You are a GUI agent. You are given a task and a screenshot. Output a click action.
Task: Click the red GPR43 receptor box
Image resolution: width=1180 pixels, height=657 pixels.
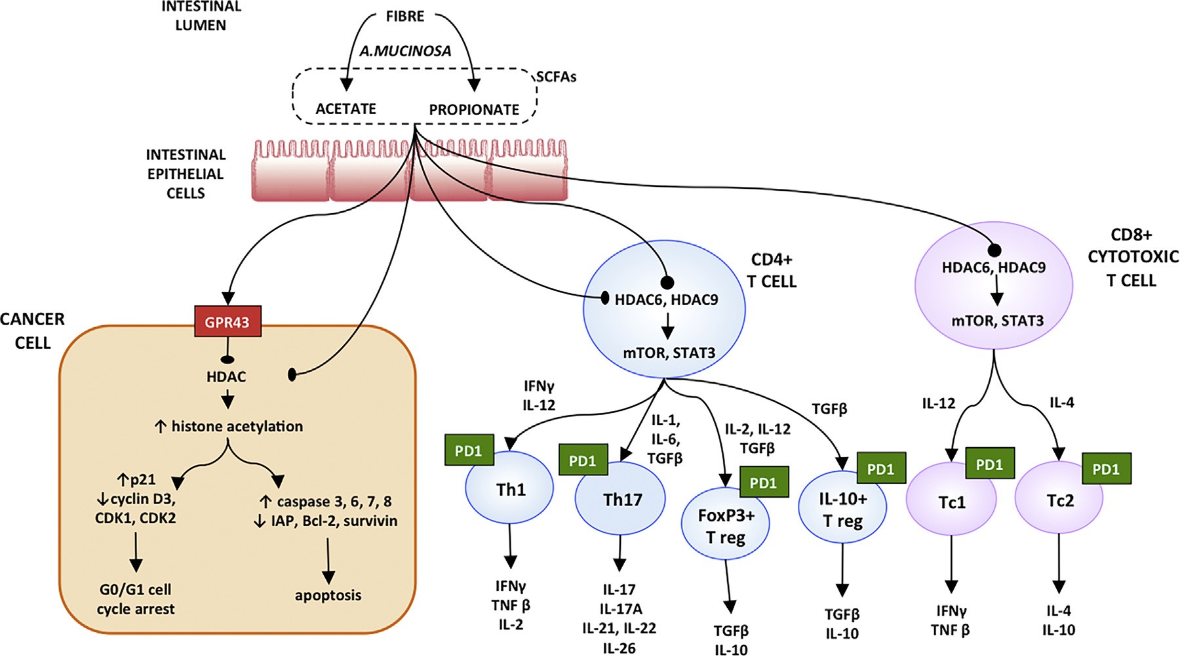[227, 321]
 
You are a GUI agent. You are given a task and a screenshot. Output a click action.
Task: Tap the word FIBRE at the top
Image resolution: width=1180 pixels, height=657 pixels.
[404, 16]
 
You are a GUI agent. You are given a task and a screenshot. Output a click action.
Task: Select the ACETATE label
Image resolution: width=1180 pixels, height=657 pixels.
[346, 109]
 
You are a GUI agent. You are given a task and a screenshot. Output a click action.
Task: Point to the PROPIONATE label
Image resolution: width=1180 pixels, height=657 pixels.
[474, 109]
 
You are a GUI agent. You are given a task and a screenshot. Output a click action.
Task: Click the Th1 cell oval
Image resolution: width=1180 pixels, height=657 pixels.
[509, 490]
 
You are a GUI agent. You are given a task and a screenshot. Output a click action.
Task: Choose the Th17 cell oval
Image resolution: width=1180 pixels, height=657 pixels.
[621, 500]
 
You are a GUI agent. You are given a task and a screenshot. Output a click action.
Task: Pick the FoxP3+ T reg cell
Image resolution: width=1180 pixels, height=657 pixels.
[726, 527]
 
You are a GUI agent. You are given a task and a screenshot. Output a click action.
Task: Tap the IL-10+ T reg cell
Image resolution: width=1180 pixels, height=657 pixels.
[842, 509]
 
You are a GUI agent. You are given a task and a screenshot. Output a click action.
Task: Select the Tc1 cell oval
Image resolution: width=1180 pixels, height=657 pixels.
[951, 502]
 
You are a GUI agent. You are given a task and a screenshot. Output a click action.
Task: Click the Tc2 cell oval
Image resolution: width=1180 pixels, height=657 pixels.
[1059, 501]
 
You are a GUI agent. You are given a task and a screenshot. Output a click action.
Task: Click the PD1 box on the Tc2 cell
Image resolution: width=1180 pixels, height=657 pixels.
[1106, 469]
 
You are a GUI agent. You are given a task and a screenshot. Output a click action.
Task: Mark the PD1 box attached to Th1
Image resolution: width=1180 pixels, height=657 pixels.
[469, 450]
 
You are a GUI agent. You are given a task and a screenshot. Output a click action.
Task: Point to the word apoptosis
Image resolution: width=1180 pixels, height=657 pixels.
[328, 595]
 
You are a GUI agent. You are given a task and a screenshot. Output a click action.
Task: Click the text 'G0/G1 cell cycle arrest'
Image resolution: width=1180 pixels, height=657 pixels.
[136, 599]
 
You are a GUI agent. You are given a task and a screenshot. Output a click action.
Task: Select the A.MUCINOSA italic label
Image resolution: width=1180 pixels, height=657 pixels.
[405, 50]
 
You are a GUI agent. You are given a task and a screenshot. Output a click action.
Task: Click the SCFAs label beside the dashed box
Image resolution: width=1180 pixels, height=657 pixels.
[556, 77]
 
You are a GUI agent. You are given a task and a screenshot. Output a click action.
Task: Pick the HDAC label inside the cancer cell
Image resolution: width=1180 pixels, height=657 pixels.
[226, 377]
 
